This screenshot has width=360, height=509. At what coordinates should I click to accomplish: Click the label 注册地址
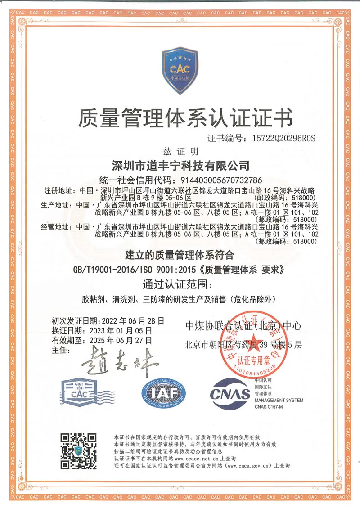(58, 189)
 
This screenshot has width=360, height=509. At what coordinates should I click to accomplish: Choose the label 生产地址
(58, 205)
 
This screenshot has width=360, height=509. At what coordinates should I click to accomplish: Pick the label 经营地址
(58, 227)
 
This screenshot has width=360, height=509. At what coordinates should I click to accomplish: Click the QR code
(79, 451)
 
